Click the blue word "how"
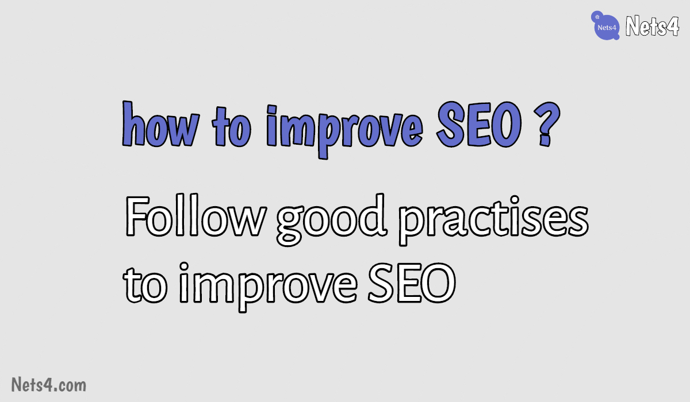[x=161, y=123]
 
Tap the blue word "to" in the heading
[x=231, y=126]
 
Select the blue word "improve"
[x=344, y=132]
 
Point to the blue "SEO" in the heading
[x=479, y=124]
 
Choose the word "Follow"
[x=195, y=215]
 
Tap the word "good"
[x=331, y=219]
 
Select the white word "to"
[x=145, y=285]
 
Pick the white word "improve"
[x=268, y=287]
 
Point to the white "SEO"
[x=412, y=283]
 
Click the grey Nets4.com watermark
[x=49, y=384]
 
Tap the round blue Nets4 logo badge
[x=605, y=26]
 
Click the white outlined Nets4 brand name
[x=652, y=26]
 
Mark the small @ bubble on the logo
[x=597, y=17]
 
